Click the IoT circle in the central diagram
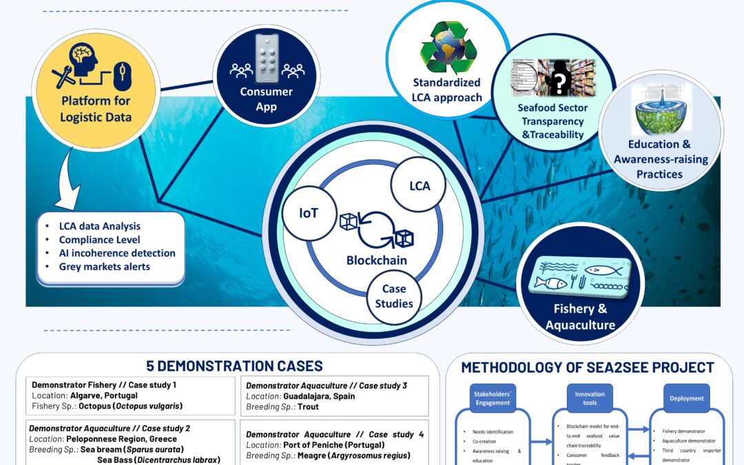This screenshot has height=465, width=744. [309, 213]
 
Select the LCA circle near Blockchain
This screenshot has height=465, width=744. [420, 186]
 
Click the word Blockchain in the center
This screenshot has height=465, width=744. [377, 260]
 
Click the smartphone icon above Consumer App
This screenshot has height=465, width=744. [267, 58]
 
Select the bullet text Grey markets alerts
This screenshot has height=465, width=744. [104, 267]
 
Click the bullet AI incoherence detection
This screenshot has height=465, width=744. [117, 253]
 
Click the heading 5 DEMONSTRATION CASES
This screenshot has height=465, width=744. [234, 366]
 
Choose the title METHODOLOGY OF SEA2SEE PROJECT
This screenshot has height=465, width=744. [588, 367]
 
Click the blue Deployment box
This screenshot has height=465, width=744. [686, 398]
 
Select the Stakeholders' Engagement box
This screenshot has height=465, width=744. [493, 398]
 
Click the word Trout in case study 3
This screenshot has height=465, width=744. [308, 406]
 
